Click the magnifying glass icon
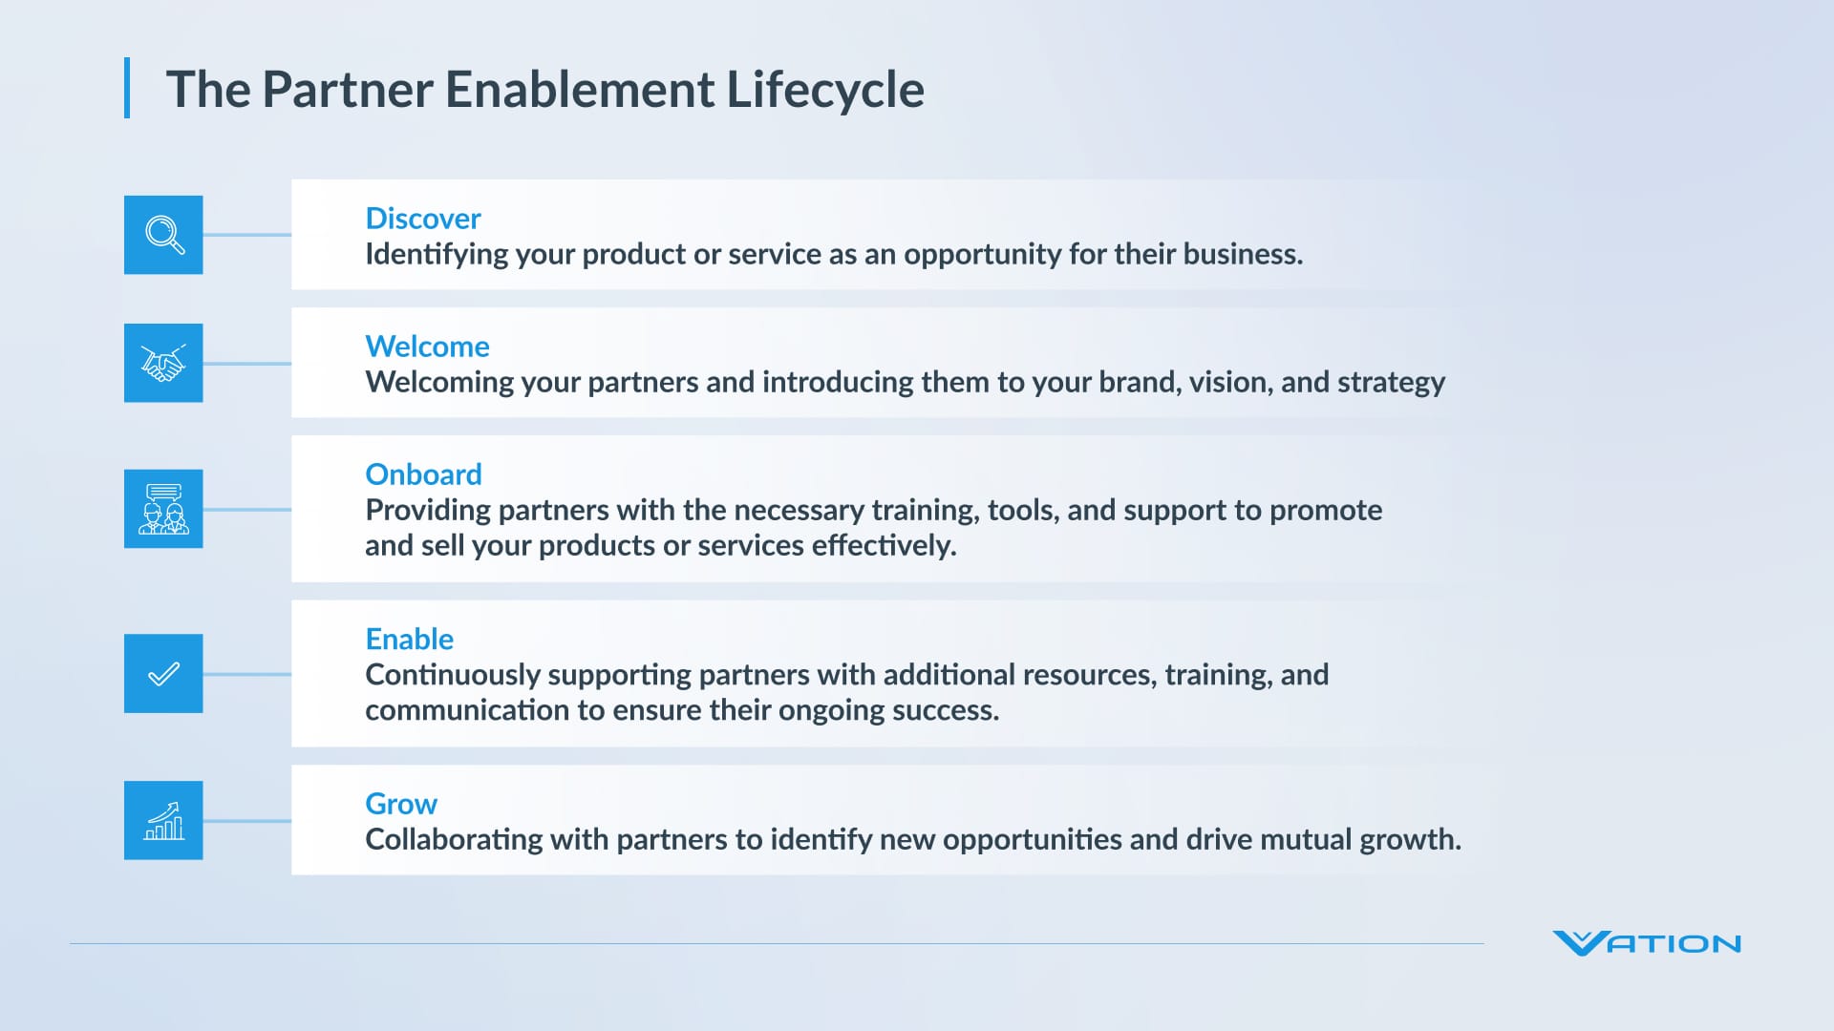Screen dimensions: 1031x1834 click(163, 235)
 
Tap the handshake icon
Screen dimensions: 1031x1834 click(163, 363)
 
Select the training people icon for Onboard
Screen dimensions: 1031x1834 click(163, 509)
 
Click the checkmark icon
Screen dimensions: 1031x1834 click(163, 674)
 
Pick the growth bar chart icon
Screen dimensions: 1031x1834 click(163, 820)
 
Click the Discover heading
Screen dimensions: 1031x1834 click(422, 219)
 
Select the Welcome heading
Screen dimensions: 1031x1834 click(427, 347)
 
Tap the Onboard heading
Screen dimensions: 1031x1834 click(423, 474)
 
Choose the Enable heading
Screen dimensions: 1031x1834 click(409, 639)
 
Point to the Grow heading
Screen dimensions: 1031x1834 click(401, 804)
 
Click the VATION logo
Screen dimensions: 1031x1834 click(1647, 943)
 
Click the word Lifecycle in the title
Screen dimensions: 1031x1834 click(825, 90)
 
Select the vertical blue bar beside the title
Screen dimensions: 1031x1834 click(127, 88)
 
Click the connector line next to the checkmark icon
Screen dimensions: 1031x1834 click(246, 674)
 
